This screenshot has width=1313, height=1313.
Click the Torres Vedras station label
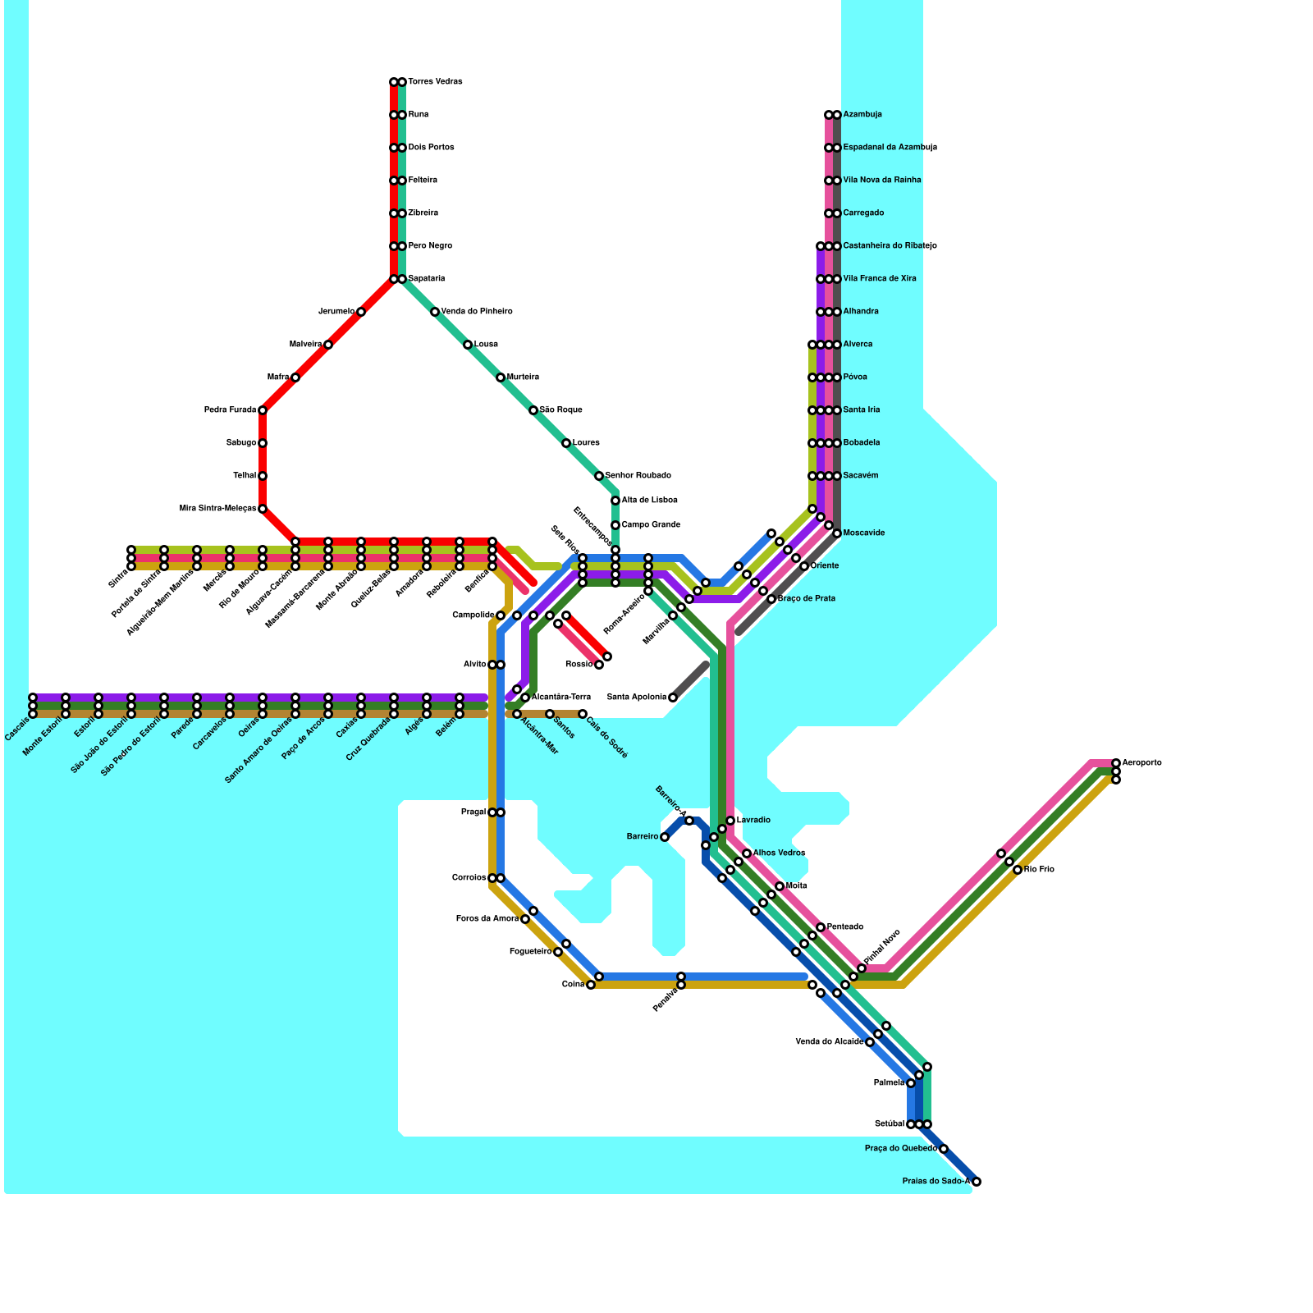pos(435,82)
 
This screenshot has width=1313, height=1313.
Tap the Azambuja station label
pos(862,115)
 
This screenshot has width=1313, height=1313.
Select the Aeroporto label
pos(1141,763)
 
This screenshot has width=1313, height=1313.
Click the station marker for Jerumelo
pos(361,312)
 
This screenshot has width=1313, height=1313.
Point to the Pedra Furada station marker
pos(263,410)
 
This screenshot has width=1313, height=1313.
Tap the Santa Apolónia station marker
pos(673,698)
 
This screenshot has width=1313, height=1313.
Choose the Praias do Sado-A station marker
pos(977,1182)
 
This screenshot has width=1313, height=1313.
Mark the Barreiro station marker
pos(665,837)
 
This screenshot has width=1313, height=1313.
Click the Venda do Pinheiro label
pos(476,312)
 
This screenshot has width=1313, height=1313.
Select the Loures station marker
pos(566,443)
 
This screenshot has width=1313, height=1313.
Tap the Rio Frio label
pos(1039,870)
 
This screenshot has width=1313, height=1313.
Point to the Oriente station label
pos(824,566)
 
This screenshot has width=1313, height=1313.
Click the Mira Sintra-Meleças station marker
pos(263,509)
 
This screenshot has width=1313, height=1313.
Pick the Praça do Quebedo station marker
pos(944,1149)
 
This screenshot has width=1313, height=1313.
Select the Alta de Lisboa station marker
pos(615,501)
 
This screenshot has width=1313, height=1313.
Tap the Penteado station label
pos(844,927)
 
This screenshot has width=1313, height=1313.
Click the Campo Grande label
pos(651,525)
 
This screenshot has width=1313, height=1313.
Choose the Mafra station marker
pos(295,377)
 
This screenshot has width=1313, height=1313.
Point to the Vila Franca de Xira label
pos(879,279)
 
